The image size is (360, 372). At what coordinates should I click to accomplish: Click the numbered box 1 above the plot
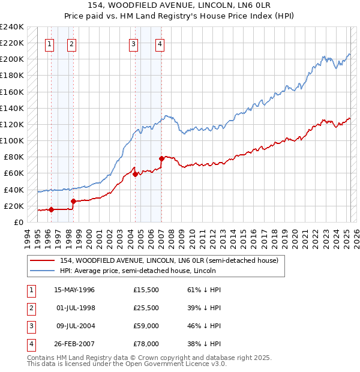click(49, 43)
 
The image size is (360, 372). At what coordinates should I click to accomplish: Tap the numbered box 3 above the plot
click(133, 43)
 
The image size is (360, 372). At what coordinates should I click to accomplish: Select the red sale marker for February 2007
click(161, 159)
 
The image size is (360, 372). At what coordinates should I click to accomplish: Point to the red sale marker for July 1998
click(73, 202)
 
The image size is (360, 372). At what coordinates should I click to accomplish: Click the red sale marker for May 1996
click(51, 209)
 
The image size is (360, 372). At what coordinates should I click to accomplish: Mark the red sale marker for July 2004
click(135, 174)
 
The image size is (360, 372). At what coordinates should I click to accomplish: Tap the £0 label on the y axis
click(18, 222)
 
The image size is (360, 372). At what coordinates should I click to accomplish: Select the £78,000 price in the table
click(146, 344)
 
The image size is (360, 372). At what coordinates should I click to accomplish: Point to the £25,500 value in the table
click(146, 308)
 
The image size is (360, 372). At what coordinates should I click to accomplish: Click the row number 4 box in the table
click(31, 344)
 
